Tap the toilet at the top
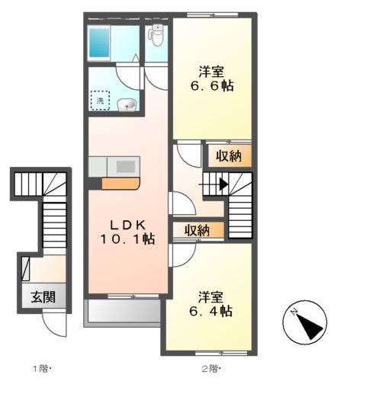pyautogui.click(x=157, y=34)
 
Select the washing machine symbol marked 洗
pyautogui.click(x=99, y=100)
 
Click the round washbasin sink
pyautogui.click(x=128, y=104)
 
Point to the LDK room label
pyautogui.click(x=126, y=225)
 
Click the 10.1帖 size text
pyautogui.click(x=126, y=239)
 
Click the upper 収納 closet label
pyautogui.click(x=226, y=156)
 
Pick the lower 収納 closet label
pyautogui.click(x=197, y=230)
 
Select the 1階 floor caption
pyautogui.click(x=40, y=370)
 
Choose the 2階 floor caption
pyautogui.click(x=210, y=370)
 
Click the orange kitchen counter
pyautogui.click(x=120, y=183)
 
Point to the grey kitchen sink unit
pyautogui.click(x=114, y=166)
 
